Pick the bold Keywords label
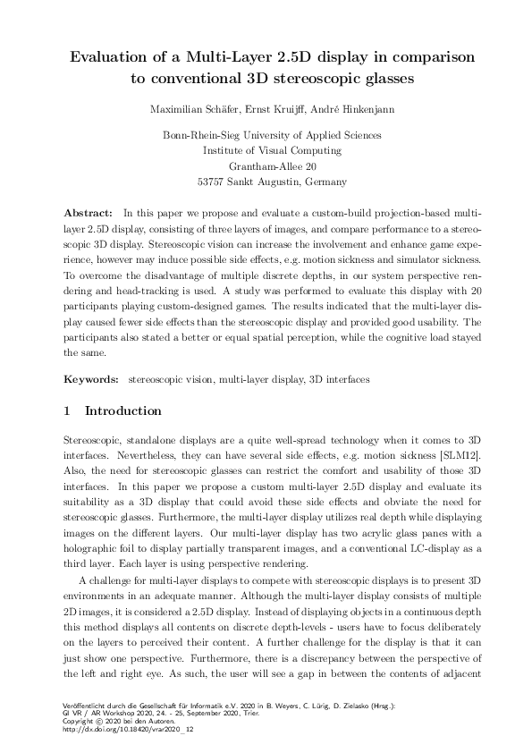click(92, 379)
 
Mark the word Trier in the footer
click(253, 715)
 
